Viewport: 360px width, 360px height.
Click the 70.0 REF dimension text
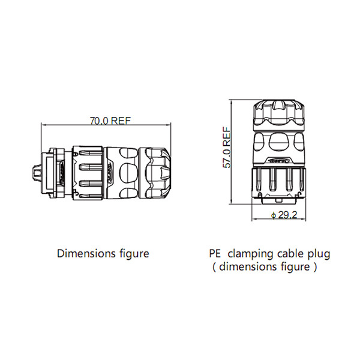click(110, 121)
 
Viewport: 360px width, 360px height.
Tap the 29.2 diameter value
click(285, 215)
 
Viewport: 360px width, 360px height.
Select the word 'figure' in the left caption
click(133, 253)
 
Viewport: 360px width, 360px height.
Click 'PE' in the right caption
click(215, 253)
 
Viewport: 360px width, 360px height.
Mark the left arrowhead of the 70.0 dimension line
click(43, 124)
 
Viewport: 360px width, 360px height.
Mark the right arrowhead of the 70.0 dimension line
click(170, 124)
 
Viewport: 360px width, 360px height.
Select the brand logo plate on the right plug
click(280, 161)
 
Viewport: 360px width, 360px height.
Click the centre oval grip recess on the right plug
click(280, 143)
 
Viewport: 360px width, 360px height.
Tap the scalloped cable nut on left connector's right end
click(159, 173)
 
